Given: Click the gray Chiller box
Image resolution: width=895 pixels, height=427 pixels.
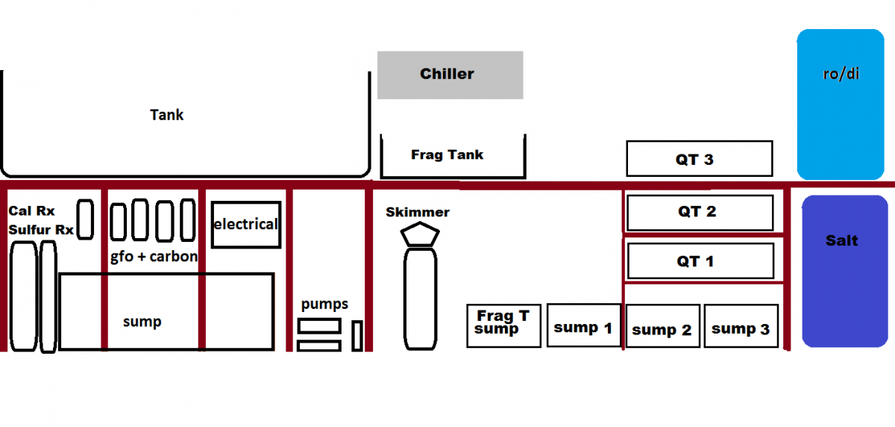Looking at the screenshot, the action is [x=450, y=75].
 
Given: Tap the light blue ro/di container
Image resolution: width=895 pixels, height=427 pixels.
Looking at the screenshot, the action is [x=841, y=105].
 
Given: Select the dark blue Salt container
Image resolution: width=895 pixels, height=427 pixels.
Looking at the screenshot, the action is [x=845, y=271].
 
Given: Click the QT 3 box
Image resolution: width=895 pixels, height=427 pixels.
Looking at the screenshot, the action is [x=700, y=158].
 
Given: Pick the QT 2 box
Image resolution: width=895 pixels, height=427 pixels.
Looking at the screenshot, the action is [x=700, y=213].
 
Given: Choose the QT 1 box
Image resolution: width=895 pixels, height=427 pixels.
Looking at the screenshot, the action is [x=701, y=261].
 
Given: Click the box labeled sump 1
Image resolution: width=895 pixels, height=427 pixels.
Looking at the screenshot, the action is [x=584, y=325].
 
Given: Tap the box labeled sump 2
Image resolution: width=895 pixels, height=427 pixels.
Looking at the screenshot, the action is [x=663, y=325].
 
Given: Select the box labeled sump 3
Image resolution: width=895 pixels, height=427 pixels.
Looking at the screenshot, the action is [x=741, y=325].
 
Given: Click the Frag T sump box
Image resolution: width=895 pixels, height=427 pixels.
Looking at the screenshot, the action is [x=504, y=325].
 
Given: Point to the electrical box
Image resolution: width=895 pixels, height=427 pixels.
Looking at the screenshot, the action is [x=246, y=225].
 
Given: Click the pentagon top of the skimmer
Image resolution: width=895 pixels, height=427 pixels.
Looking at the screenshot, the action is [x=420, y=234].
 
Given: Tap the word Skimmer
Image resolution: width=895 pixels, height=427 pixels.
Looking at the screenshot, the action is [x=418, y=212].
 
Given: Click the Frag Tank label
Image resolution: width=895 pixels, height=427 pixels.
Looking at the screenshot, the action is [x=447, y=155].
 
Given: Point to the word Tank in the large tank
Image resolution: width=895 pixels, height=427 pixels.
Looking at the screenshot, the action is [x=166, y=115].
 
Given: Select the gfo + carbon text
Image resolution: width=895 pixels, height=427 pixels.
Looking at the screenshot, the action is [x=154, y=256].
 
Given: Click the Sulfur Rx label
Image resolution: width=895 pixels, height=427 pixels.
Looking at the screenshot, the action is [x=41, y=230].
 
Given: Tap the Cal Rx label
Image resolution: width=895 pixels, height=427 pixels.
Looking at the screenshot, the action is [x=31, y=211].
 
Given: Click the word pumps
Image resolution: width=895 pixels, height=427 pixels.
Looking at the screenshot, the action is [x=324, y=305].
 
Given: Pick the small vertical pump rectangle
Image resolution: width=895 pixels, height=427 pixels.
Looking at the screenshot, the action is [x=357, y=336].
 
